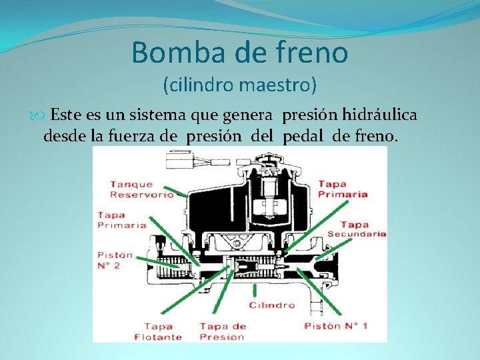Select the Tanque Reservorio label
[141, 189]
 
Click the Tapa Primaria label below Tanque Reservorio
[122, 220]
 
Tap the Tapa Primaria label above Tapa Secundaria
[343, 189]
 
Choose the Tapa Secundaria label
[357, 229]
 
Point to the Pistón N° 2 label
[115, 260]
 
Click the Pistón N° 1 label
[335, 326]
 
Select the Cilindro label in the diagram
[272, 305]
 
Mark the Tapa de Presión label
[223, 331]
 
